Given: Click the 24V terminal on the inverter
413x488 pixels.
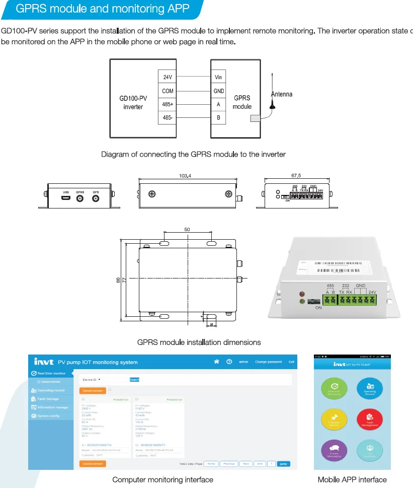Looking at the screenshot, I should (x=168, y=77).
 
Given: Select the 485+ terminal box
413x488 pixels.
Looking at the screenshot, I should (x=168, y=104).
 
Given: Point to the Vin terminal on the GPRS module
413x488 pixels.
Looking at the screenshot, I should (x=218, y=77).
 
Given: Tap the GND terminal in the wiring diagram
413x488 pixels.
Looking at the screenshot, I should (x=218, y=91).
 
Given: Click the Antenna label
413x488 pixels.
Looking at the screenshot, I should (x=282, y=94).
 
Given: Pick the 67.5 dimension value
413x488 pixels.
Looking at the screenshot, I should (x=296, y=176).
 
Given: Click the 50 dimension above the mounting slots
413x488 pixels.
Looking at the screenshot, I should (x=187, y=230).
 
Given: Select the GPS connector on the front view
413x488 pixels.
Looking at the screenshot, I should (x=96, y=198).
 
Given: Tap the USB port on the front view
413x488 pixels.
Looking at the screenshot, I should (x=66, y=198).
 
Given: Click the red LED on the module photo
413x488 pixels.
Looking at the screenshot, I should (x=302, y=294).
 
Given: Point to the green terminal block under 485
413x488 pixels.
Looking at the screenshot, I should (x=330, y=300).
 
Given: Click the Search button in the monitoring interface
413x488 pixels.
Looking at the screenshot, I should (x=134, y=379).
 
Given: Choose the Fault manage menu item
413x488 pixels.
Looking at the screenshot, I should (x=48, y=399).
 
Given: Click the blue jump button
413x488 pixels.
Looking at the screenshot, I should (x=284, y=463).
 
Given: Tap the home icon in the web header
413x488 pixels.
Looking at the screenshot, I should (x=217, y=362).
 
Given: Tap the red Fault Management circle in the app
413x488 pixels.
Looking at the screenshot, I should (x=370, y=419).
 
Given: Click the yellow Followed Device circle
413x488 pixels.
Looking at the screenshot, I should (x=335, y=419).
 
